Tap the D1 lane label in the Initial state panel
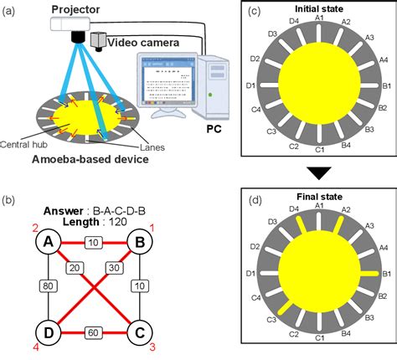point(250,86)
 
